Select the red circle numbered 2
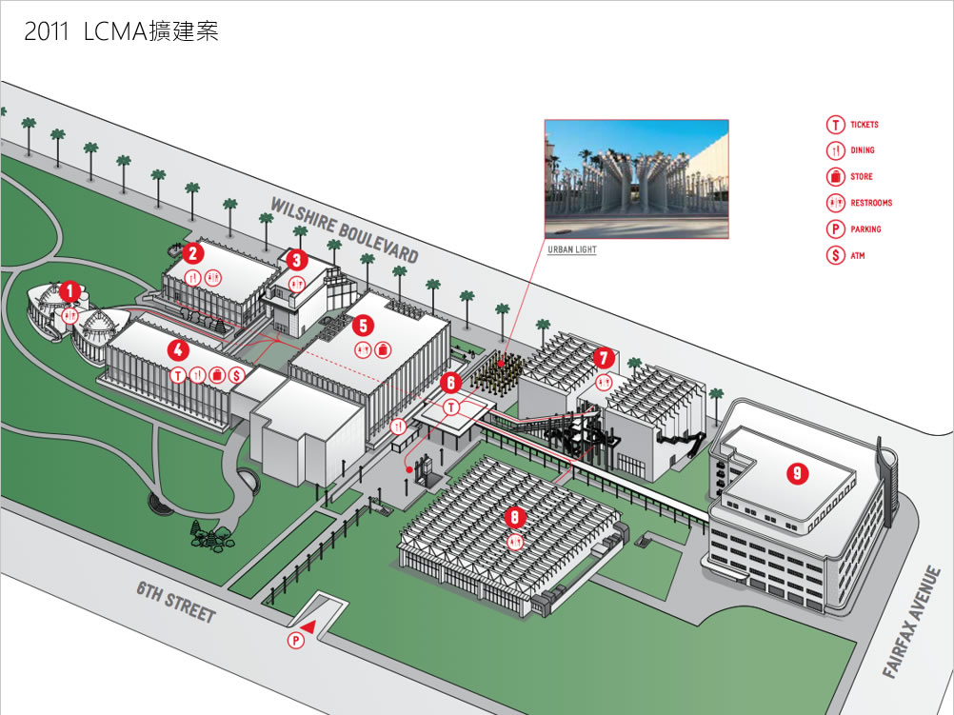tap(192, 253)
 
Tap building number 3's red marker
tap(296, 259)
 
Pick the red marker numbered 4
tap(178, 349)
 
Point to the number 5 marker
tap(363, 325)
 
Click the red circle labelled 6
tap(452, 382)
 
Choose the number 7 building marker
tap(603, 358)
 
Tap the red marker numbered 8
tap(515, 518)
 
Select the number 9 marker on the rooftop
tap(798, 471)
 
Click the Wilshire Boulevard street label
tap(345, 230)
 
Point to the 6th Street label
tap(176, 604)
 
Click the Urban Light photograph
tap(636, 179)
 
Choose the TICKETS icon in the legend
tap(835, 125)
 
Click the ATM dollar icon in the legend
tap(835, 255)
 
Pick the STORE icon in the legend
tap(835, 176)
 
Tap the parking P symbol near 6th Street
tap(296, 641)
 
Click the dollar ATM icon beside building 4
tap(236, 375)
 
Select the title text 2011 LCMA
tap(122, 31)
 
